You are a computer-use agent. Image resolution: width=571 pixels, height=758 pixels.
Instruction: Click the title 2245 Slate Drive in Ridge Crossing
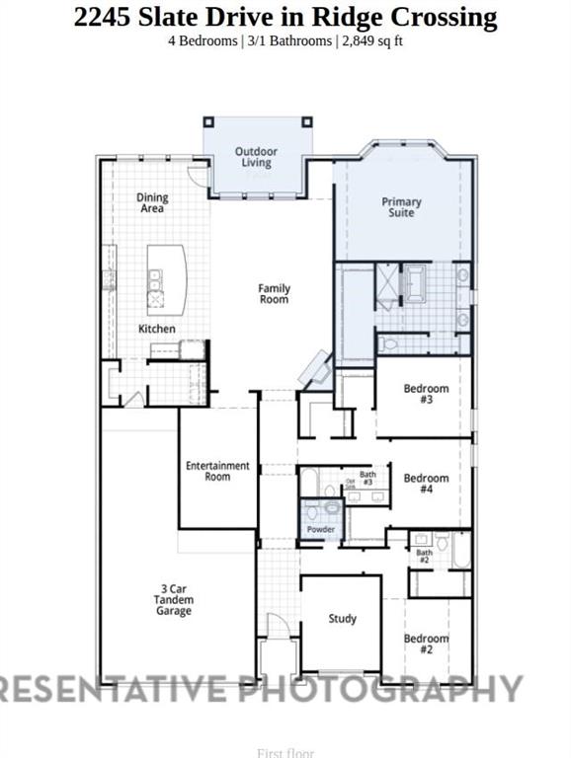click(x=285, y=17)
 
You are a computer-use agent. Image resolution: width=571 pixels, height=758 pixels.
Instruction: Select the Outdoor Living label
click(x=256, y=157)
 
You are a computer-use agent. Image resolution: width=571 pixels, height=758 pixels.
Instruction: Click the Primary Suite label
click(x=401, y=207)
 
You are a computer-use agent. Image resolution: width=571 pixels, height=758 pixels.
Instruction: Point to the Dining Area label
click(x=152, y=202)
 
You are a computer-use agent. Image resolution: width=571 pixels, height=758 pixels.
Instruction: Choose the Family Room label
click(x=275, y=294)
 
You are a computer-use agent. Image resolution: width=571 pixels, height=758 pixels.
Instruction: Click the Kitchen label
click(x=157, y=329)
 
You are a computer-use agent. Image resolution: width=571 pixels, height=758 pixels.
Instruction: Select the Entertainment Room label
click(x=217, y=471)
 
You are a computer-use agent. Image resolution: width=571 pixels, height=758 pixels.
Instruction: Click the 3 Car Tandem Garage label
click(x=173, y=599)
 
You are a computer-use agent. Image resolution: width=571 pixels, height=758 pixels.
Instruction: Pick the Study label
click(x=343, y=619)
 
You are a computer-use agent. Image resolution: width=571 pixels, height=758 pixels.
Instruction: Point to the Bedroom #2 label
click(x=426, y=644)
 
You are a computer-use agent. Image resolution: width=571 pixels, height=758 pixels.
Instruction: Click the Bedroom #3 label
click(x=426, y=395)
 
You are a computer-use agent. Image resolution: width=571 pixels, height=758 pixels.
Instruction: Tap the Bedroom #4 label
click(x=426, y=484)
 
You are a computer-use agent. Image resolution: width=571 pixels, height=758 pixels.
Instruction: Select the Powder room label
click(x=321, y=530)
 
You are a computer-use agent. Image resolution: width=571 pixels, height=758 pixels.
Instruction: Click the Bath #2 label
click(x=424, y=557)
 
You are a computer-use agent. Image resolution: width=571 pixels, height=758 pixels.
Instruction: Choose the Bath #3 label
click(x=367, y=479)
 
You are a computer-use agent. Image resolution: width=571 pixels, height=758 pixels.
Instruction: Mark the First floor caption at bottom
click(x=285, y=752)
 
